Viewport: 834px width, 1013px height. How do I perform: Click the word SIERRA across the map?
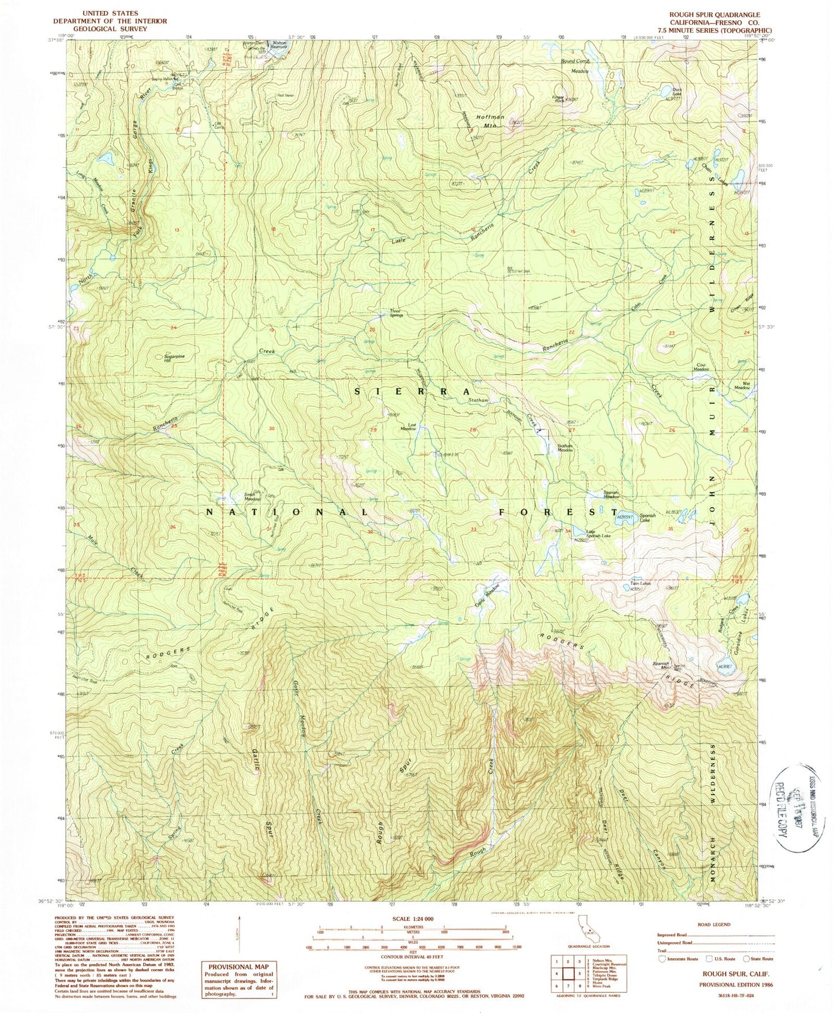[x=407, y=391]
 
